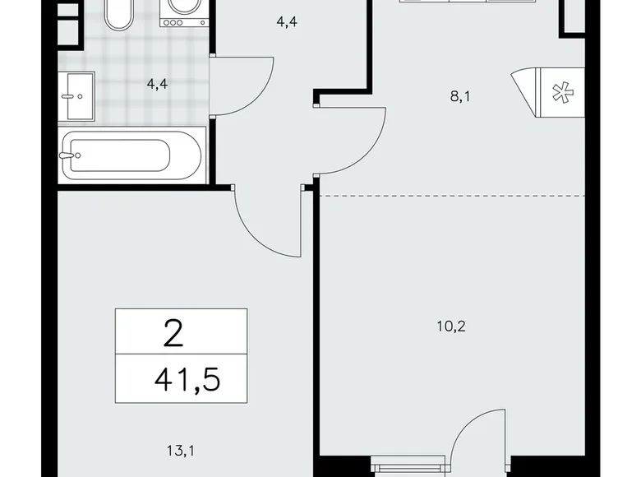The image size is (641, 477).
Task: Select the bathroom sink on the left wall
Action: pyautogui.click(x=77, y=95)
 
